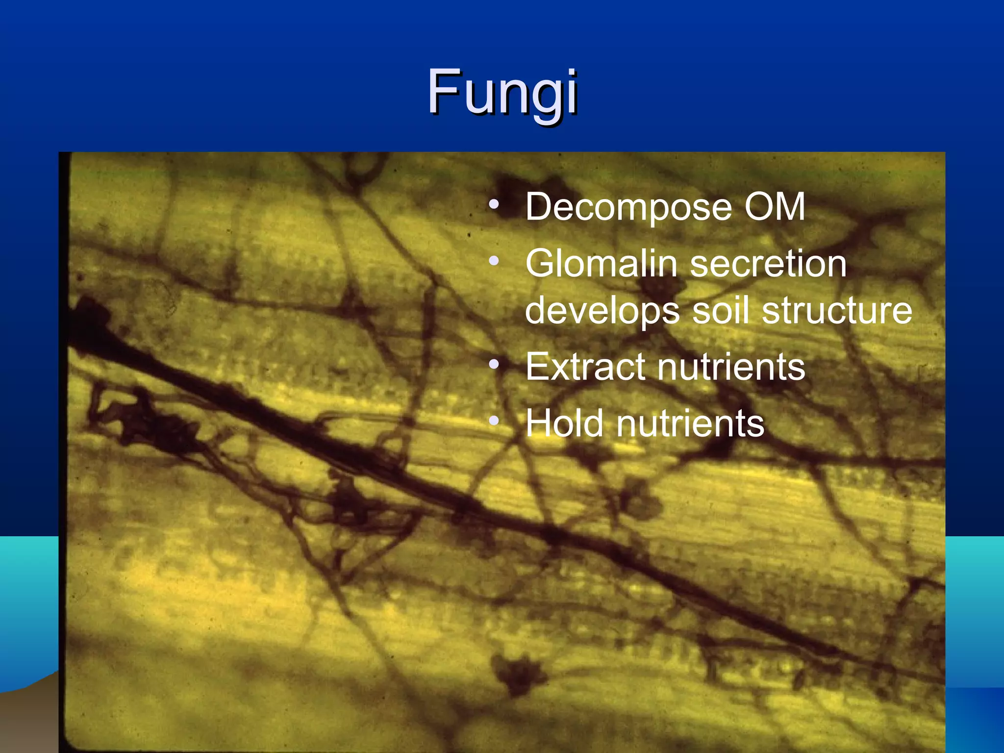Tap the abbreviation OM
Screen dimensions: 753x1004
click(x=775, y=207)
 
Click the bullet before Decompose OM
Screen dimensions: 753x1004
click(x=494, y=204)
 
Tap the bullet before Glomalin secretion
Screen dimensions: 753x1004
click(x=494, y=261)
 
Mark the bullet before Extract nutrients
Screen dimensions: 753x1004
click(x=494, y=364)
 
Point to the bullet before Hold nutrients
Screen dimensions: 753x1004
click(x=494, y=421)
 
